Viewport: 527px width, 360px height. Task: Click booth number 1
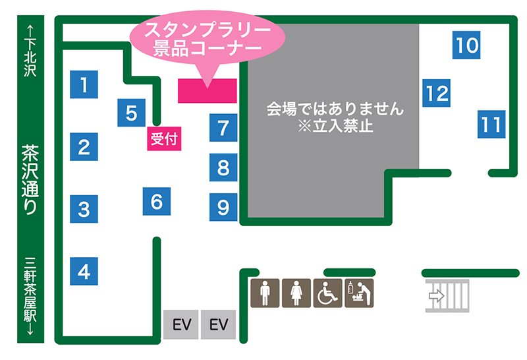tap(84, 84)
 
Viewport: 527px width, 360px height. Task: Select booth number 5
tap(132, 113)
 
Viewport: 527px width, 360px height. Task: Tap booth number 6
tap(157, 201)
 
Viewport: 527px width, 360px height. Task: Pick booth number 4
tap(84, 271)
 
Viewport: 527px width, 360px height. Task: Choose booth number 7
tap(223, 127)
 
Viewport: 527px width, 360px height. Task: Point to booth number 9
tap(223, 208)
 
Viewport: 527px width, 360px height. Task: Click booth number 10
tap(467, 45)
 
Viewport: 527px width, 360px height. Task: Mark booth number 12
tap(436, 93)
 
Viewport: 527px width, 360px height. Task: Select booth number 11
tap(491, 124)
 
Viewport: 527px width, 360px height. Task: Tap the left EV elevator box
tap(181, 325)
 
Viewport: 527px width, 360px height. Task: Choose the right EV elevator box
tap(218, 325)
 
